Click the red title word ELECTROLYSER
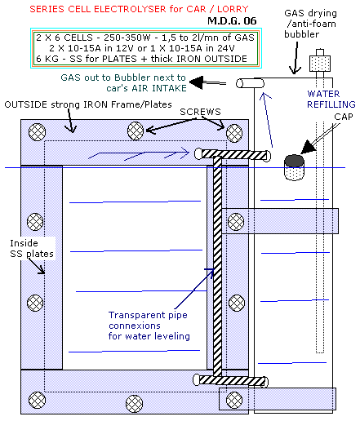(130, 9)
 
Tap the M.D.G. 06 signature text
(232, 21)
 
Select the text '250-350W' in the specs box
(127, 38)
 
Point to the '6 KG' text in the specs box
(47, 59)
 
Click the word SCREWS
(200, 112)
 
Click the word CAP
(344, 117)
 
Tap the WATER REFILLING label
(331, 99)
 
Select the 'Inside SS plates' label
(32, 248)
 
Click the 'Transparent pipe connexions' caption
(149, 326)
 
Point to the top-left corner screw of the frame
(37, 132)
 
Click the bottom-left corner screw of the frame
(37, 400)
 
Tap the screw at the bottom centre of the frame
(135, 404)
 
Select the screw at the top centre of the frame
(136, 131)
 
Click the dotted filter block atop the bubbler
(320, 64)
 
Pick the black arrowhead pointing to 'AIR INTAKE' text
(197, 82)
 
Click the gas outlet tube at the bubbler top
(250, 83)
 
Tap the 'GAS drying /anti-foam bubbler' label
(310, 24)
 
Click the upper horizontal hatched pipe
(233, 155)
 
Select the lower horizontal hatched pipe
(231, 380)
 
